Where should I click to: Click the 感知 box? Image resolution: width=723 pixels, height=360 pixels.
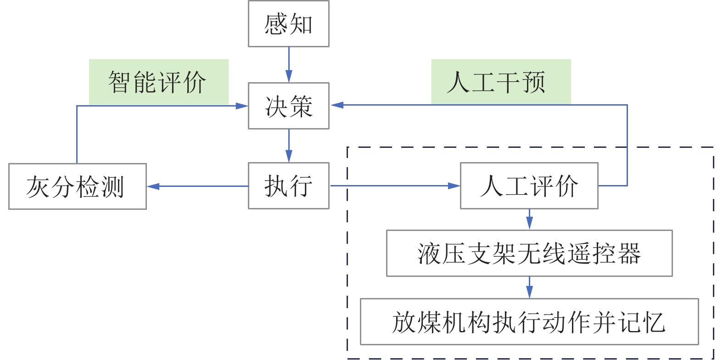tap(288, 24)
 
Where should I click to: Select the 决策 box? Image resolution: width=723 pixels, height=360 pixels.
tap(288, 106)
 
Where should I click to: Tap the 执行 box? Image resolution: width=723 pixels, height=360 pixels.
tap(288, 186)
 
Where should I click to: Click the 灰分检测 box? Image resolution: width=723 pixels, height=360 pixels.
tap(77, 186)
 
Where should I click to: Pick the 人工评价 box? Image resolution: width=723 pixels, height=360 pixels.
tap(529, 186)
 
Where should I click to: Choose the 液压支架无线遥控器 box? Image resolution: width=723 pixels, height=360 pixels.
tap(529, 253)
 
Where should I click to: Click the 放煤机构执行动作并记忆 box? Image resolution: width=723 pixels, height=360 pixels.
tap(529, 321)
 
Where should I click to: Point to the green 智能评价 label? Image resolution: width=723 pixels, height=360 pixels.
tap(158, 82)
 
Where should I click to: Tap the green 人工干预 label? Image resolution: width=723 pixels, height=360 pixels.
tap(500, 82)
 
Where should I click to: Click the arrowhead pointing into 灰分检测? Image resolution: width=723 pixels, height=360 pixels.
tap(153, 186)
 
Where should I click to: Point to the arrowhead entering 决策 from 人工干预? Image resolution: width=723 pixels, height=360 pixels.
tap(337, 105)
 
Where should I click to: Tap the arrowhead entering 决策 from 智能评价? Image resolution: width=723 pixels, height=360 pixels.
tap(242, 106)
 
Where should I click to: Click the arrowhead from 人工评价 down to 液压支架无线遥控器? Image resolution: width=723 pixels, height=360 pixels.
tap(529, 224)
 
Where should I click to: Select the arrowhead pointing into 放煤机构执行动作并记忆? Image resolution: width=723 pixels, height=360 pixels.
tap(529, 292)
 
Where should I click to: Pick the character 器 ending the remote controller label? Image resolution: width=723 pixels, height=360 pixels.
tap(629, 253)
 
